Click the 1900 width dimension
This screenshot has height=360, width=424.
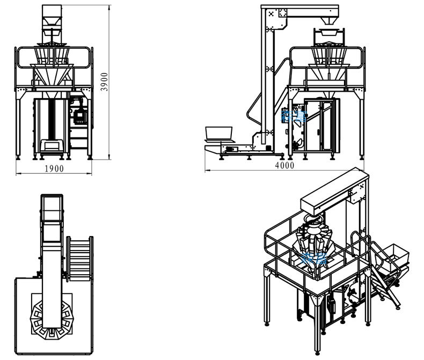pyautogui.click(x=54, y=168)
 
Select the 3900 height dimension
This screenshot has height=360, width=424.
pyautogui.click(x=106, y=82)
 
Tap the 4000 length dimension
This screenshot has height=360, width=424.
pyautogui.click(x=284, y=166)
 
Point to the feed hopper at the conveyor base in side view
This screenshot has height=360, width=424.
pyautogui.click(x=219, y=133)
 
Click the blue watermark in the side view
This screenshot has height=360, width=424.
pyautogui.click(x=294, y=115)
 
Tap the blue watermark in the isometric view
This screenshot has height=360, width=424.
pyautogui.click(x=315, y=258)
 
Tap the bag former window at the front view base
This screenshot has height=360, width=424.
pyautogui.click(x=53, y=145)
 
